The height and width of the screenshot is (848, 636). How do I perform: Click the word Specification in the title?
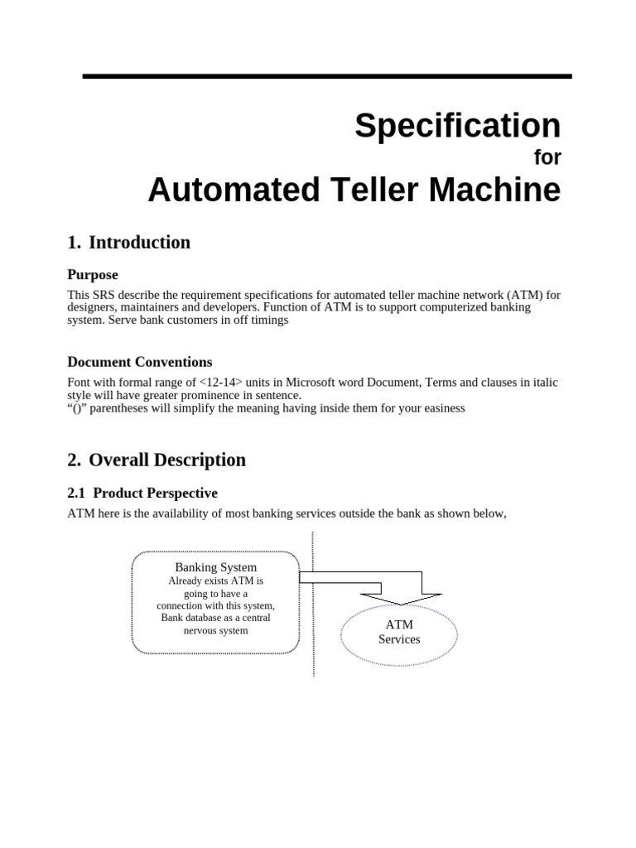click(x=457, y=126)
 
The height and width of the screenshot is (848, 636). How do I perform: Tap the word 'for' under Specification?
click(x=547, y=158)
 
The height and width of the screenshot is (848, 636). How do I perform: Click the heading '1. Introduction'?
click(x=128, y=243)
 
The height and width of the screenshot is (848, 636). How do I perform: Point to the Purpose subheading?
click(x=93, y=275)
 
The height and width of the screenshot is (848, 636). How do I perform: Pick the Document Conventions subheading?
click(x=139, y=362)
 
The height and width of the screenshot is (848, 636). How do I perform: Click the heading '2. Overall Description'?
click(x=157, y=460)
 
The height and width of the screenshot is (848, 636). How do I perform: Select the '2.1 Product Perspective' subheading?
click(x=142, y=494)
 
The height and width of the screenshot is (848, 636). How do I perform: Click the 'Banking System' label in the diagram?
click(x=215, y=567)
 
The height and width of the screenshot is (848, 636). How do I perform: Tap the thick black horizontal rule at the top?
click(x=327, y=76)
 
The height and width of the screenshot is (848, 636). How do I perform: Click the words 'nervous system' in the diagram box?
click(x=215, y=630)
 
